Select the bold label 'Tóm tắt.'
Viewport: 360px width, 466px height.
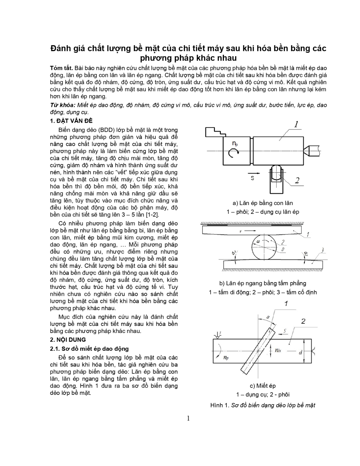point(61,68)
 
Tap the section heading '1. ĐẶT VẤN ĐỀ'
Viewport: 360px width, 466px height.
point(71,121)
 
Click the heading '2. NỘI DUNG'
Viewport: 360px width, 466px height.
point(68,340)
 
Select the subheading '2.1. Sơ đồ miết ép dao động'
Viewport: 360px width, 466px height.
point(89,349)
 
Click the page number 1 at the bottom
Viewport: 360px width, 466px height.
point(188,418)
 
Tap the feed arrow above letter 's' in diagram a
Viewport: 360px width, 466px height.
point(254,172)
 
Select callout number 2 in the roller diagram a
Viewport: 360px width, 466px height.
point(297,180)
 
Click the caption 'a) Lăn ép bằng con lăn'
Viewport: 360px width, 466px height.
point(262,203)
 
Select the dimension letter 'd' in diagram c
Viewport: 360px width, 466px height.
point(300,352)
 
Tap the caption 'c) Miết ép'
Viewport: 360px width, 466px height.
point(262,386)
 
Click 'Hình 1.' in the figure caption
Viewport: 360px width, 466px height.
point(220,405)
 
